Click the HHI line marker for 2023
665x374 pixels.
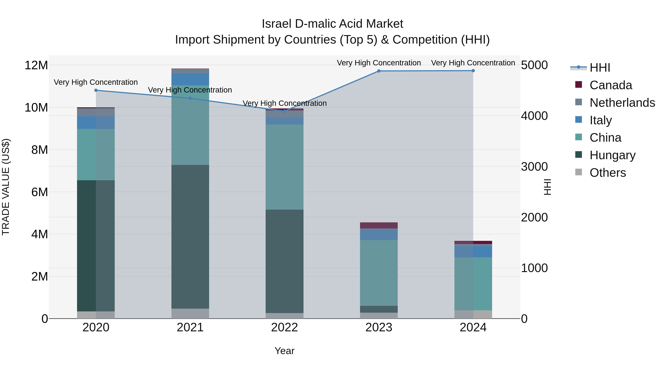coord(379,71)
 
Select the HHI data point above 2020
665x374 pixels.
coord(96,90)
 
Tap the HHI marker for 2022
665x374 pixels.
coord(284,111)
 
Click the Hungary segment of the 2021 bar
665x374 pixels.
coord(190,237)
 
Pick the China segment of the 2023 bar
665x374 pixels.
coord(379,273)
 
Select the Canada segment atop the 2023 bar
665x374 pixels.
coord(379,225)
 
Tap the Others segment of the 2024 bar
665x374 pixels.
coord(473,314)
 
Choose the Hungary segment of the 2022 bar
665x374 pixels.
coord(284,261)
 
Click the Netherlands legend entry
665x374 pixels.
coord(622,103)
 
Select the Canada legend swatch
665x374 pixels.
coord(579,85)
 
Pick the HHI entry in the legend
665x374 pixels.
coord(600,68)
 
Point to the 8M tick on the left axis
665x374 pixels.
coord(40,150)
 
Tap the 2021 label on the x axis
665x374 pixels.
coord(190,327)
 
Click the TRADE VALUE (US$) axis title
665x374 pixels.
coord(6,187)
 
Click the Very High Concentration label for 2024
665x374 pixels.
coord(473,63)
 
